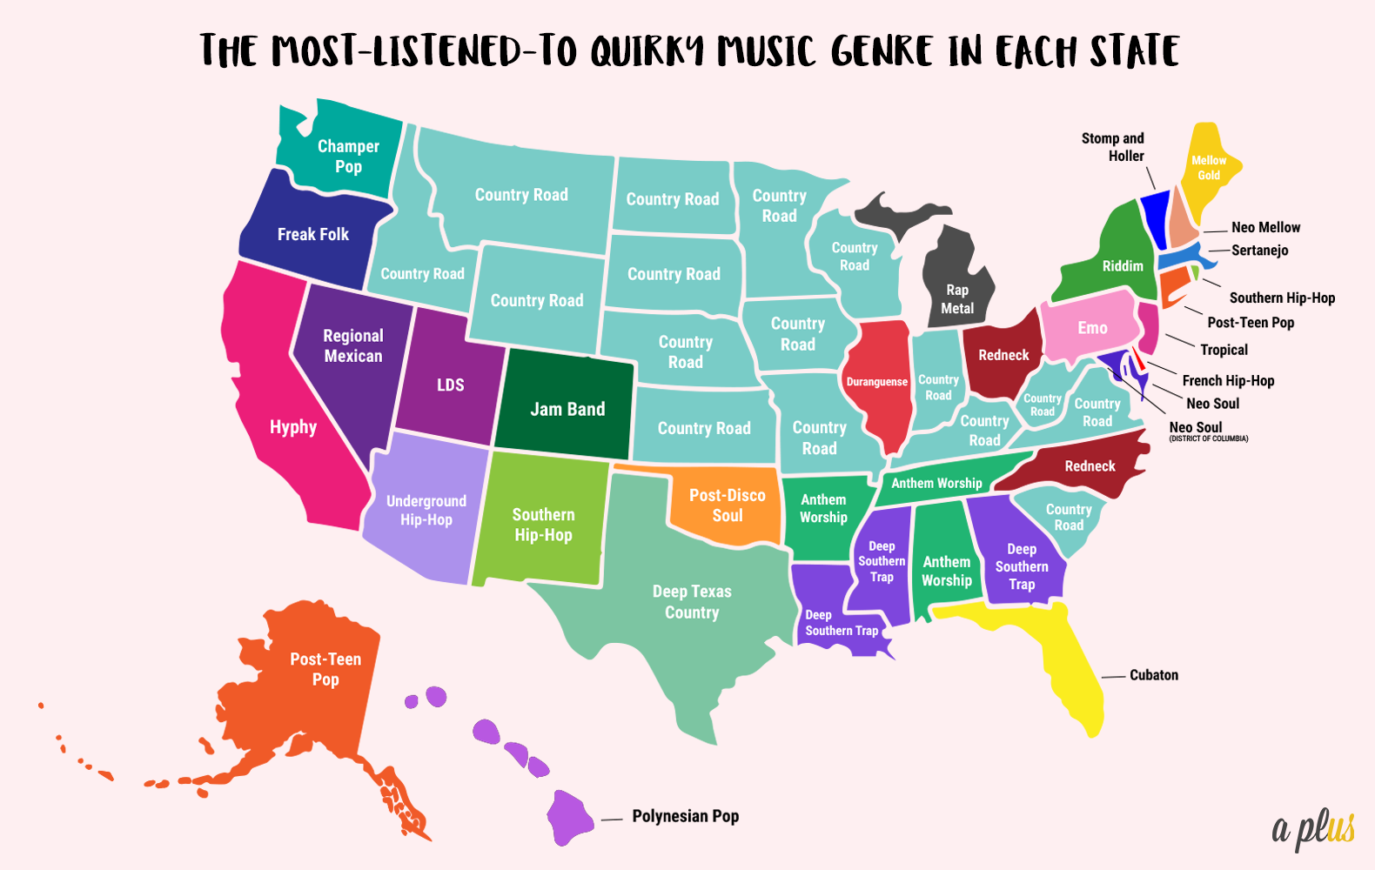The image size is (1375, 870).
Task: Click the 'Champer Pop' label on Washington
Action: [x=348, y=157]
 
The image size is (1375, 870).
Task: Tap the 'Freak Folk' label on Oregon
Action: [x=313, y=234]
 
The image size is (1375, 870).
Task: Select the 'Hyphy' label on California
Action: [x=293, y=427]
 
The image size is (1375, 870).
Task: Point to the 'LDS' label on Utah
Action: [x=450, y=385]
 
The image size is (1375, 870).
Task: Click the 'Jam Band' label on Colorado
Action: [x=567, y=409]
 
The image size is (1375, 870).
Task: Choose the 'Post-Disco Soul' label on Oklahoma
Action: [x=728, y=505]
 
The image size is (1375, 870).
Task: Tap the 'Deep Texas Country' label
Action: [x=692, y=602]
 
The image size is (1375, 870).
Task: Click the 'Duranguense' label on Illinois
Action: [x=877, y=382]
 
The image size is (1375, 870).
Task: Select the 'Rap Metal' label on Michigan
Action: [x=957, y=299]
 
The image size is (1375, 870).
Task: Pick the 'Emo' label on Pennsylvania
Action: [x=1092, y=328]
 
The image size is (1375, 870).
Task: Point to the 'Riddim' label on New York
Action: [x=1123, y=266]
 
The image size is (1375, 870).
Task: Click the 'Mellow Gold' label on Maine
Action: [x=1209, y=168]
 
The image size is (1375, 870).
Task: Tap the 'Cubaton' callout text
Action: [x=1154, y=675]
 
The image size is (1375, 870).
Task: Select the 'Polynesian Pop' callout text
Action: [x=686, y=816]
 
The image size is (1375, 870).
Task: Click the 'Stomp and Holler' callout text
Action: [x=1113, y=147]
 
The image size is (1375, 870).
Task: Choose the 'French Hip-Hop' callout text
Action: [x=1228, y=380]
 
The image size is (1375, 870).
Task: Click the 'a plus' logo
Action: [x=1313, y=827]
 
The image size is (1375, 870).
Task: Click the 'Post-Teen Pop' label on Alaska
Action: [x=325, y=669]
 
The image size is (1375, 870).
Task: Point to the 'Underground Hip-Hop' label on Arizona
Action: [x=426, y=511]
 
